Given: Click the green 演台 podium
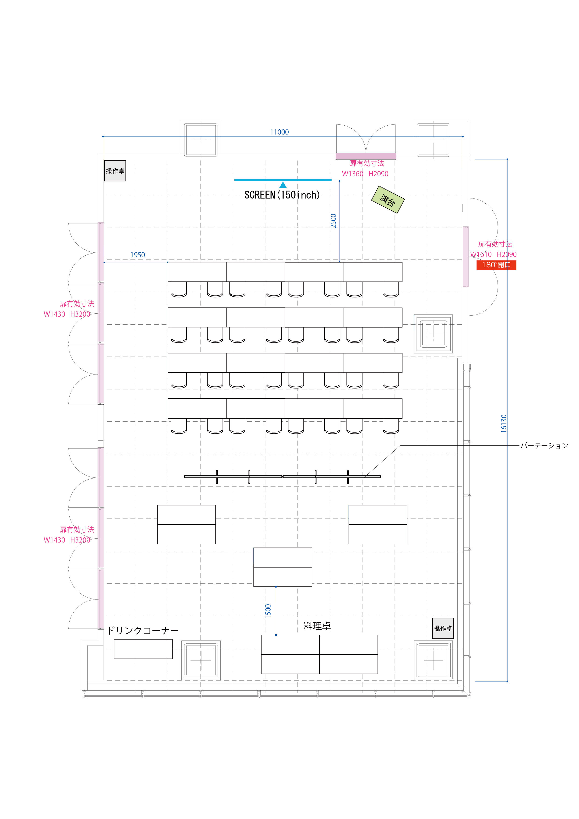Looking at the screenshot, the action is click(x=388, y=199).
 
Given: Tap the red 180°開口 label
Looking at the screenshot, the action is click(x=496, y=265).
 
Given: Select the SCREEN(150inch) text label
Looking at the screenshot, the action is click(x=282, y=195).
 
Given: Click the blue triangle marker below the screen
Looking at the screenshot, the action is click(x=283, y=185).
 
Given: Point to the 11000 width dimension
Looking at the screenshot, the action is click(x=279, y=132).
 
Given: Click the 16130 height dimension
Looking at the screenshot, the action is click(x=504, y=424).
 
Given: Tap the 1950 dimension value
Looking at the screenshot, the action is click(x=138, y=255).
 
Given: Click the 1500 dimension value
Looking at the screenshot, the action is click(x=268, y=611).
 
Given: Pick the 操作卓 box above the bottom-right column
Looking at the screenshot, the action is click(x=443, y=628).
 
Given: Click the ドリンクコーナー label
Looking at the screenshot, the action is click(x=143, y=631).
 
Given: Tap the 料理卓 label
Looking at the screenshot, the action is click(x=317, y=626).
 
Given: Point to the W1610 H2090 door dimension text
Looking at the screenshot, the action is click(x=493, y=254).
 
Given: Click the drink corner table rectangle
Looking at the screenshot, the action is click(x=143, y=649).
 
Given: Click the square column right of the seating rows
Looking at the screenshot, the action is click(x=434, y=334).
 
